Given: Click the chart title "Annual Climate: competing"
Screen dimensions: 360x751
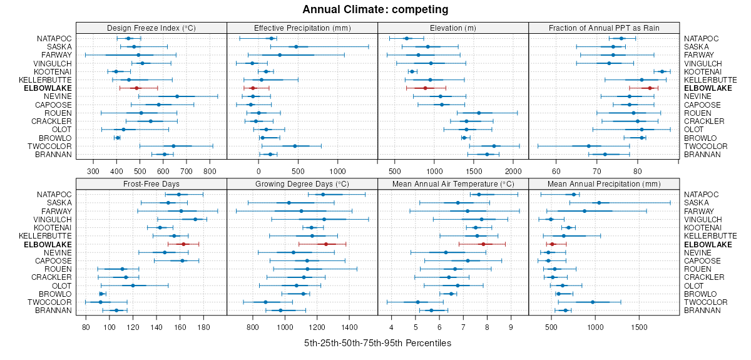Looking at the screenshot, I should [x=375, y=9].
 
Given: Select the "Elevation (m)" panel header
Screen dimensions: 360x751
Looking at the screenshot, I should [x=453, y=28].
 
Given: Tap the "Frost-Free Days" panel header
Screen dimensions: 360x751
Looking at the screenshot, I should [x=151, y=184].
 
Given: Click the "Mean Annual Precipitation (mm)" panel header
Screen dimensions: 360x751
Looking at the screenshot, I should [x=604, y=184].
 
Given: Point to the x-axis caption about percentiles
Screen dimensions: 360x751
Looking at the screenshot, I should [x=377, y=344].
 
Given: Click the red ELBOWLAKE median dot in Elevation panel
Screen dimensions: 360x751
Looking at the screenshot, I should [x=425, y=88].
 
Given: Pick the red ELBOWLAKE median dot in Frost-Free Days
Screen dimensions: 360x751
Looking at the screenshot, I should [x=183, y=244].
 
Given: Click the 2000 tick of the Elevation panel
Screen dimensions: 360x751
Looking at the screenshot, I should [x=513, y=170].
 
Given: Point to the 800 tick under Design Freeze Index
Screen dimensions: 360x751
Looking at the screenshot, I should [x=210, y=170].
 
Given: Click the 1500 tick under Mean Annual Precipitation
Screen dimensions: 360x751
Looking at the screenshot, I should [x=640, y=326].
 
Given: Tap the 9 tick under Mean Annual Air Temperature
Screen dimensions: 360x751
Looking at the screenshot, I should [x=511, y=326].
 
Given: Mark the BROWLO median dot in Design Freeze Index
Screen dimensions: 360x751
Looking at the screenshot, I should [x=118, y=138].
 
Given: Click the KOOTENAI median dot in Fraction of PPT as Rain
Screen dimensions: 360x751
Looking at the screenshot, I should [x=662, y=71].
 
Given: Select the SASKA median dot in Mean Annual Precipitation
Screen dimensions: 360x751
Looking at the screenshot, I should [x=599, y=203].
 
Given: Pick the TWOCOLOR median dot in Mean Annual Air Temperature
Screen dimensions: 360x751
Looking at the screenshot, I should [x=417, y=302].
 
